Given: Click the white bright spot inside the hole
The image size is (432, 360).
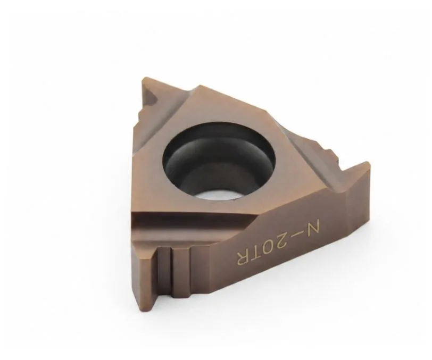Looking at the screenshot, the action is pyautogui.click(x=218, y=196).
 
